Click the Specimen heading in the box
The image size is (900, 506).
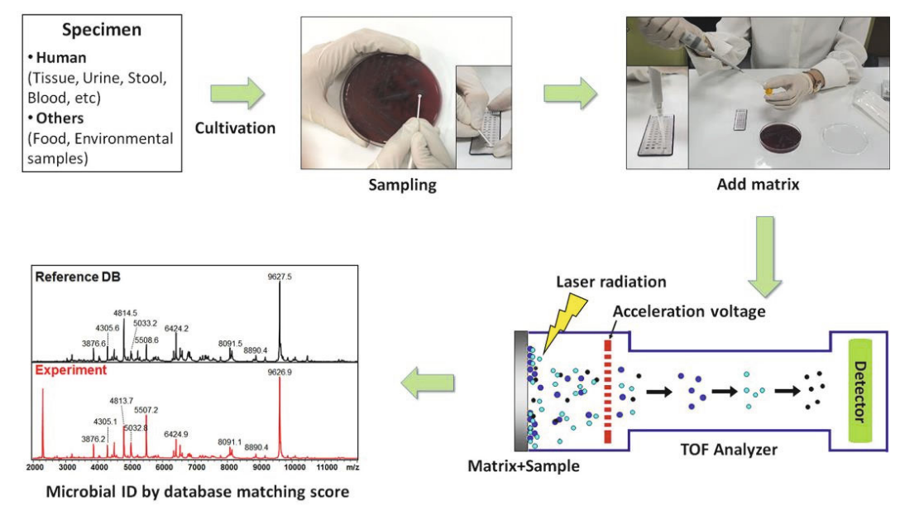102,31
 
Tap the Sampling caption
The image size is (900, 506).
402,185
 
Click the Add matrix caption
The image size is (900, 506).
758,184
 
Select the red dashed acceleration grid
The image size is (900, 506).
610,388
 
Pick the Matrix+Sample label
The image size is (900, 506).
523,465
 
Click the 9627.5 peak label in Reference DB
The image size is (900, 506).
279,277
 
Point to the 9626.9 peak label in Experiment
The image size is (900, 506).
279,373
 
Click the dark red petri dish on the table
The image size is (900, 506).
780,135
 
